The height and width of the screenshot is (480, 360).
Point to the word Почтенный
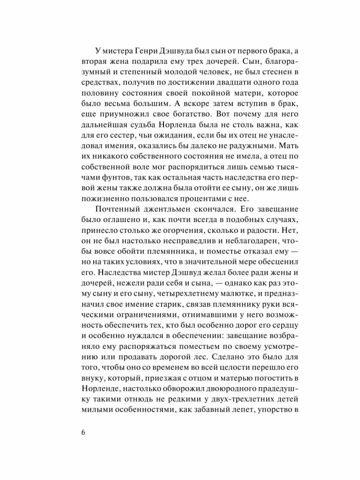pyautogui.click(x=117, y=210)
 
